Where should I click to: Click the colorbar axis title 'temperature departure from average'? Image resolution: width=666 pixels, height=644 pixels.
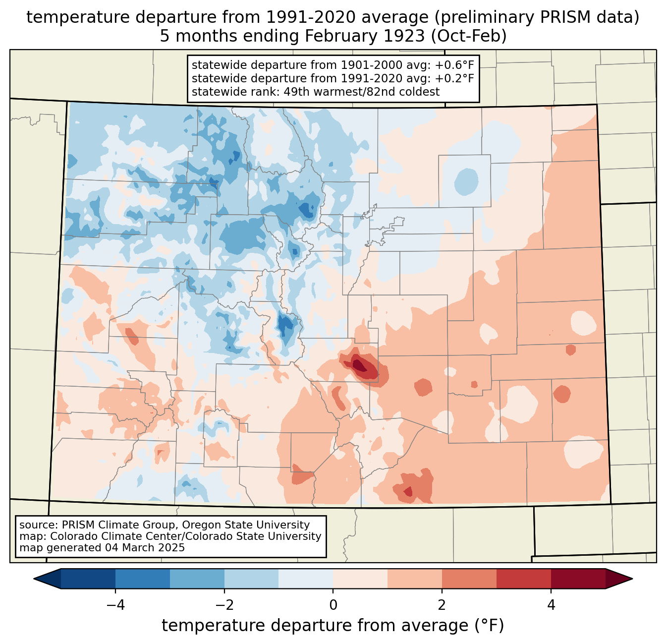point(333,626)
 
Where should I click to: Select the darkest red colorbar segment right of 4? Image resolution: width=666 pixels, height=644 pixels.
point(578,579)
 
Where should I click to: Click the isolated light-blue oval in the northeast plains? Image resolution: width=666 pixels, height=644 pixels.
point(466,180)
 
